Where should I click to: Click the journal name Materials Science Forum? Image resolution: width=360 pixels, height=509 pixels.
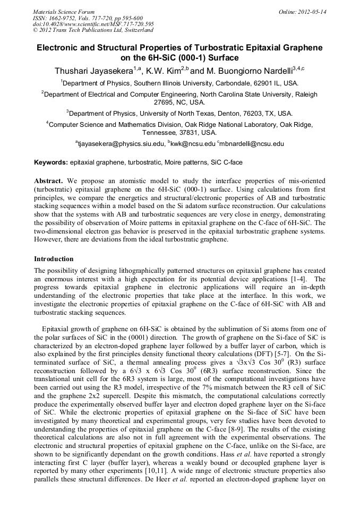coord(64,12)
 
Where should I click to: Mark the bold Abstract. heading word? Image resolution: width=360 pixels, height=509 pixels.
coord(49,181)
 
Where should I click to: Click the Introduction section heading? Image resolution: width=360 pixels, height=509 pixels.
coord(54,259)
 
